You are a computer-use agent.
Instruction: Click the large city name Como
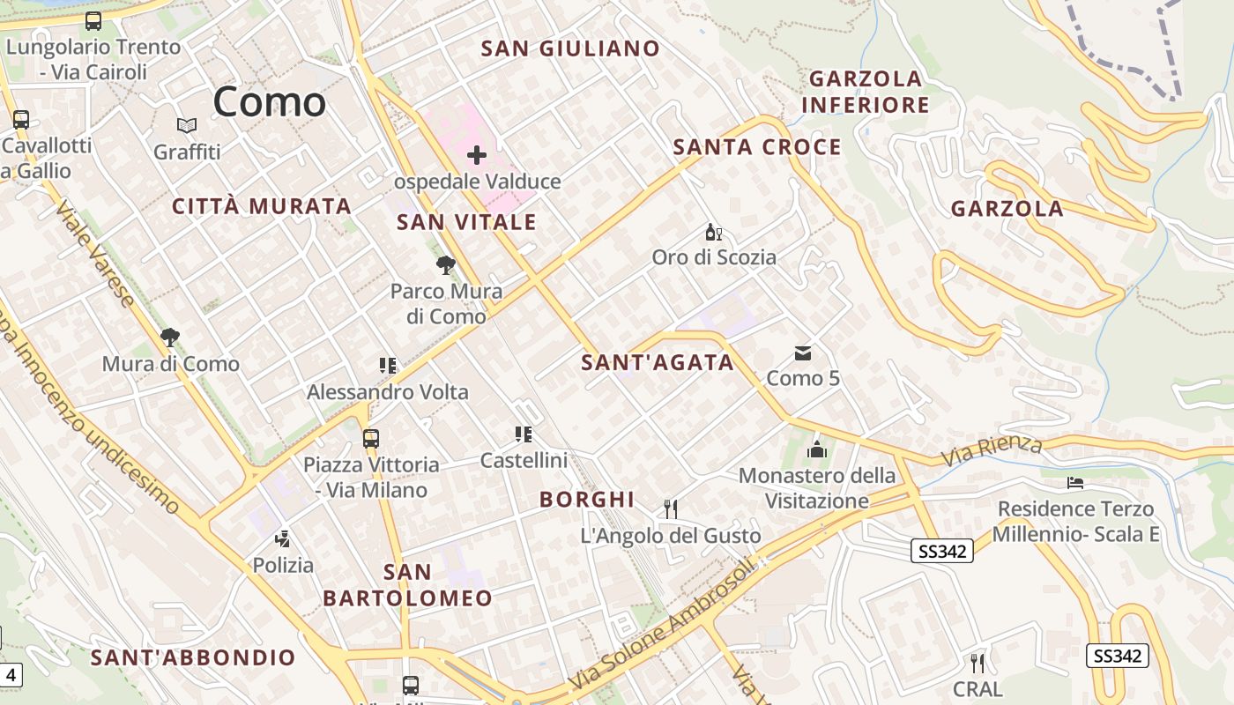click(269, 101)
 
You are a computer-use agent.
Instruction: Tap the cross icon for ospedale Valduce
click(477, 156)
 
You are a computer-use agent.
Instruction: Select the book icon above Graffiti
click(186, 126)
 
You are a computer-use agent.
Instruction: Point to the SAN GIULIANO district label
click(570, 48)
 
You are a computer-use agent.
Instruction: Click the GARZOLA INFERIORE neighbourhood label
click(865, 92)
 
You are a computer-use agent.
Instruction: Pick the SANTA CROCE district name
click(757, 147)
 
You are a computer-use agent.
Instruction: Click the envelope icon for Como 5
click(803, 353)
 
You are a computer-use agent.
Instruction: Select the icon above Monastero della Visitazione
click(817, 449)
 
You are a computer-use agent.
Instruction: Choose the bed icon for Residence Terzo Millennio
click(1075, 483)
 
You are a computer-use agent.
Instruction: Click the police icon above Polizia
click(283, 538)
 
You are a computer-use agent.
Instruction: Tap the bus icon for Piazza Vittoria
click(371, 438)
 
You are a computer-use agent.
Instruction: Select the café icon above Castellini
click(524, 434)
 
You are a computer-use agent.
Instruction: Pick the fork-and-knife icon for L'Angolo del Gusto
click(671, 508)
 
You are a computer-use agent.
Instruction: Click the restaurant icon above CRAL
click(978, 662)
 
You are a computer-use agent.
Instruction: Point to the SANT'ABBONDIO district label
click(193, 657)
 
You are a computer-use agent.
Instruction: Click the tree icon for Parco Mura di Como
click(446, 264)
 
